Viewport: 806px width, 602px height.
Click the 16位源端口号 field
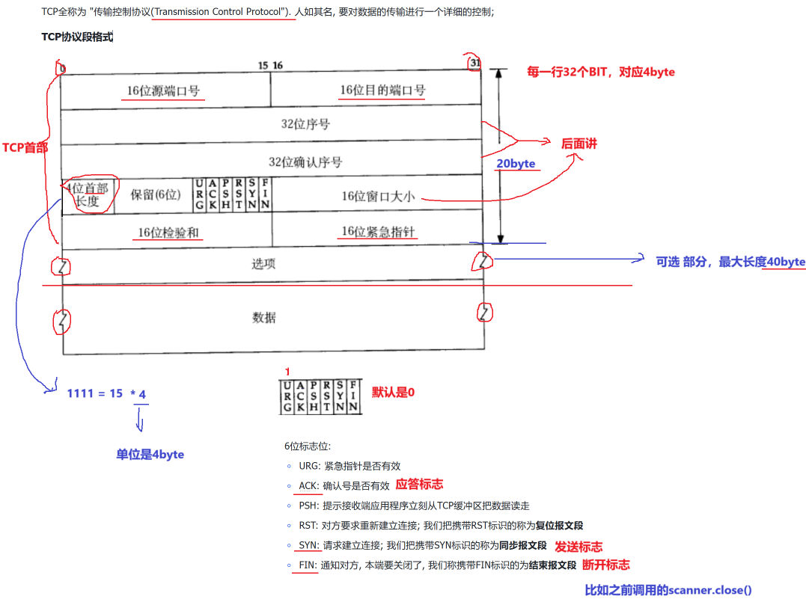pyautogui.click(x=163, y=91)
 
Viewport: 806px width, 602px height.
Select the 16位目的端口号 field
pyautogui.click(x=382, y=90)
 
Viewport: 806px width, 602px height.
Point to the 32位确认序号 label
pyautogui.click(x=305, y=162)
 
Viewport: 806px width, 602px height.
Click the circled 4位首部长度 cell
pyautogui.click(x=88, y=195)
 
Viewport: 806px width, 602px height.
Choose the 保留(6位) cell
pyautogui.click(x=156, y=194)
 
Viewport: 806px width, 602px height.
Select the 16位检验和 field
pyautogui.click(x=168, y=233)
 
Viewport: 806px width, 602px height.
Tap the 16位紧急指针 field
pyautogui.click(x=378, y=232)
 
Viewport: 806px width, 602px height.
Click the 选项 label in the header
pyautogui.click(x=263, y=263)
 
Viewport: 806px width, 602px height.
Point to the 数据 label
pyautogui.click(x=263, y=317)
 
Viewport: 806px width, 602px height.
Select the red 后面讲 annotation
pyautogui.click(x=579, y=144)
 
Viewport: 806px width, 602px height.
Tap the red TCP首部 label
pyautogui.click(x=25, y=147)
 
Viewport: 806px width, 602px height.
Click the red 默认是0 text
pyautogui.click(x=393, y=393)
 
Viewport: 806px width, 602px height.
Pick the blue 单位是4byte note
pyautogui.click(x=150, y=455)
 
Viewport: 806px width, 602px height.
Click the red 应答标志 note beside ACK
pyautogui.click(x=419, y=485)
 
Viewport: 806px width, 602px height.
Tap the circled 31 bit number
pyautogui.click(x=474, y=64)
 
